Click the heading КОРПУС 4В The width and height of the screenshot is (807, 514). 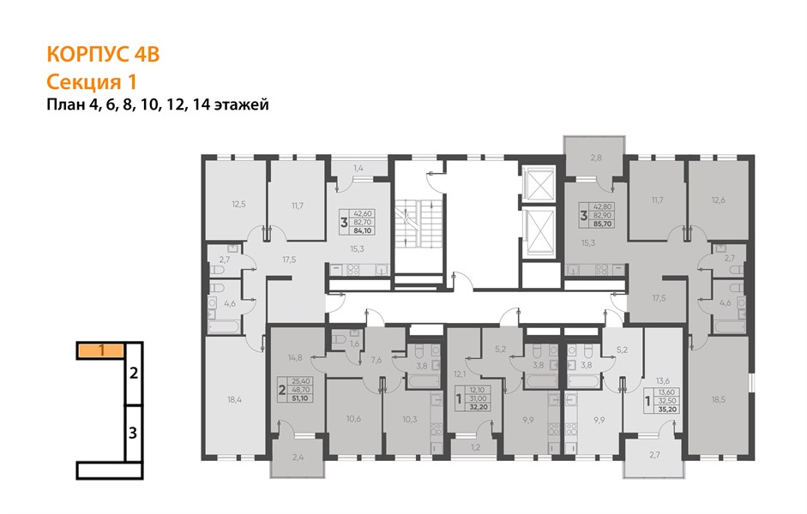[x=103, y=55]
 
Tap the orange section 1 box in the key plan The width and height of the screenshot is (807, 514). [x=101, y=351]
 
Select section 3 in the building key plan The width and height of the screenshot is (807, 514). [x=133, y=433]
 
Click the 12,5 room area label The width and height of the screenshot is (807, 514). [x=238, y=204]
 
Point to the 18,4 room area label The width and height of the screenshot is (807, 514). [x=234, y=399]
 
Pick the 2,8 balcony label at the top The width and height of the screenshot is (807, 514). [x=596, y=158]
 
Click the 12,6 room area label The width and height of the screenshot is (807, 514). [x=719, y=200]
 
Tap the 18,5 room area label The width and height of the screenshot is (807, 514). [x=719, y=399]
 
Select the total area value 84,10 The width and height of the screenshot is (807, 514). [x=363, y=230]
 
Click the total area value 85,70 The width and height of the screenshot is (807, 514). [x=602, y=224]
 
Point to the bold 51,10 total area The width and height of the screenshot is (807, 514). [x=299, y=397]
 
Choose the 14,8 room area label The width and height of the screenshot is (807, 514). [x=295, y=358]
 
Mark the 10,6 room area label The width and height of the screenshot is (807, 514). [x=353, y=419]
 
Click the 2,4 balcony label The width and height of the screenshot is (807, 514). [x=298, y=456]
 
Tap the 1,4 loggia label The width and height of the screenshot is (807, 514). [x=358, y=168]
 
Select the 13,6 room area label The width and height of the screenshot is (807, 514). [x=663, y=381]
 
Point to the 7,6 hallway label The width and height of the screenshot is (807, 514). [x=376, y=361]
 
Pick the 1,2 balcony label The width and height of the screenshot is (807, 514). [x=476, y=447]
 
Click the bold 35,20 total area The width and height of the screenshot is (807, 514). [x=667, y=409]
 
